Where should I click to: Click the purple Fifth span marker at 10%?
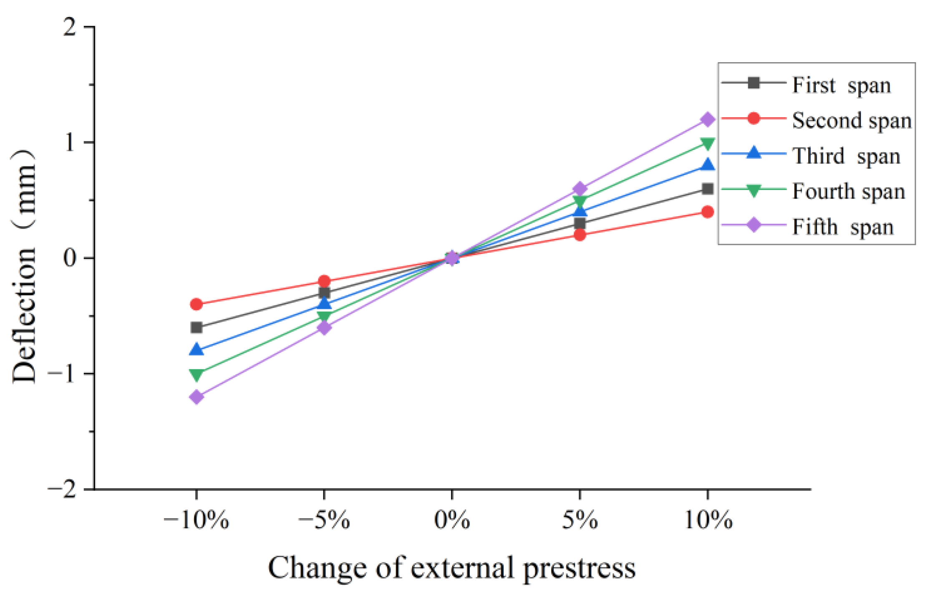707,120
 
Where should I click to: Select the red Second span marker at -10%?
197,304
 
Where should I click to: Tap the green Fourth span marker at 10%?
707,144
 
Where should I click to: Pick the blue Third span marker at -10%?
197,350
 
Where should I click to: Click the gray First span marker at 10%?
707,189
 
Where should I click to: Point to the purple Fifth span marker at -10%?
197,396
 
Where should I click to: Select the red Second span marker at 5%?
580,235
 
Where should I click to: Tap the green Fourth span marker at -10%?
197,374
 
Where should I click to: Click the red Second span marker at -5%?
324,281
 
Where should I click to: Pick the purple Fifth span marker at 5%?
580,189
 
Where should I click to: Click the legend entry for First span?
841,85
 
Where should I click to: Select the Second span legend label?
851,121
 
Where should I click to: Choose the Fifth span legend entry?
842,227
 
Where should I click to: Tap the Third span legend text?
846,156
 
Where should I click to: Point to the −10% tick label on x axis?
196,521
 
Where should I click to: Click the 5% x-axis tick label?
580,521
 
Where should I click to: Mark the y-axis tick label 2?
69,28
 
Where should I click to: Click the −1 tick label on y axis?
63,374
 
